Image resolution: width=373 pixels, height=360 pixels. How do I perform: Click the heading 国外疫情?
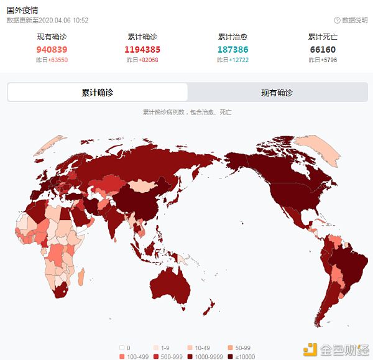[x=22, y=10]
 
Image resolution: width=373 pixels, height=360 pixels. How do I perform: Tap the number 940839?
[x=52, y=49]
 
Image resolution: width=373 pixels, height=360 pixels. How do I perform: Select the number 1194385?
[x=143, y=49]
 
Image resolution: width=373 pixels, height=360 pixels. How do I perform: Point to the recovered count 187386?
[x=233, y=49]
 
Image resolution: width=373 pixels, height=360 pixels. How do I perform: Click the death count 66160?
[x=323, y=49]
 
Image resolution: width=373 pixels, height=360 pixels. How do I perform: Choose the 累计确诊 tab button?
[x=98, y=93]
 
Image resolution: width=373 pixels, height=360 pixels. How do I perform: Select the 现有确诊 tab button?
[x=277, y=93]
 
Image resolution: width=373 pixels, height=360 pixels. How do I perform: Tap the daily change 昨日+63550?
[x=52, y=60]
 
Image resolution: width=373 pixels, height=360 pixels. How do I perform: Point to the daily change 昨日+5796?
[x=323, y=60]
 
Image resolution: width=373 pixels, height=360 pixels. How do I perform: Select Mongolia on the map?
[x=144, y=185]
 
